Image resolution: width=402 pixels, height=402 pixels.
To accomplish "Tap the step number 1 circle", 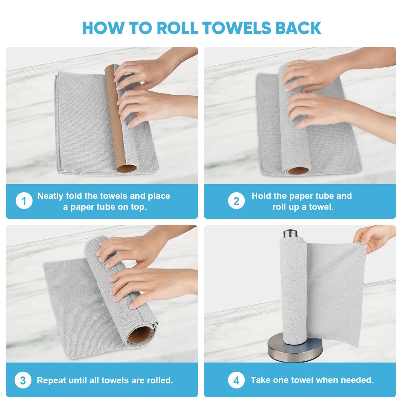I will tap(24, 201).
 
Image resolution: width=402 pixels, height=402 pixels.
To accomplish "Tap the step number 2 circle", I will tap(236, 201).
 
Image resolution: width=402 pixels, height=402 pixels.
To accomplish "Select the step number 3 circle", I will tap(23, 380).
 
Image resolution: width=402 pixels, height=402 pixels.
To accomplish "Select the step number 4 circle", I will tap(236, 380).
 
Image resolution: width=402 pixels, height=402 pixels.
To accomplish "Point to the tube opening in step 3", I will tap(140, 334).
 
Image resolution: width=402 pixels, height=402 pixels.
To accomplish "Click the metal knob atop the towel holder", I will tap(291, 233).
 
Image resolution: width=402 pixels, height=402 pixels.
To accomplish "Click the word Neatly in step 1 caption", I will tap(50, 196).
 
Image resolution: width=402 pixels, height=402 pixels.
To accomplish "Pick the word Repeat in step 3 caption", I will tap(51, 380).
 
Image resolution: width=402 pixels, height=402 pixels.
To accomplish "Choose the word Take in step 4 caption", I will tap(260, 380).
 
